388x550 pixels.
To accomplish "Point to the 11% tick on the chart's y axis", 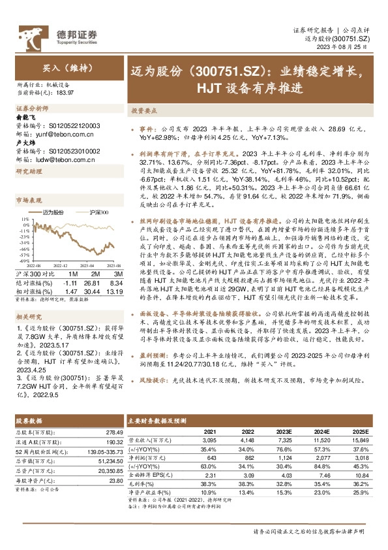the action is [23, 220].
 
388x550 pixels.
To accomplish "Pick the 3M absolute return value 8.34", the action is [115, 283].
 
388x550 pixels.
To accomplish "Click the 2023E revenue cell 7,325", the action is [282, 441].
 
